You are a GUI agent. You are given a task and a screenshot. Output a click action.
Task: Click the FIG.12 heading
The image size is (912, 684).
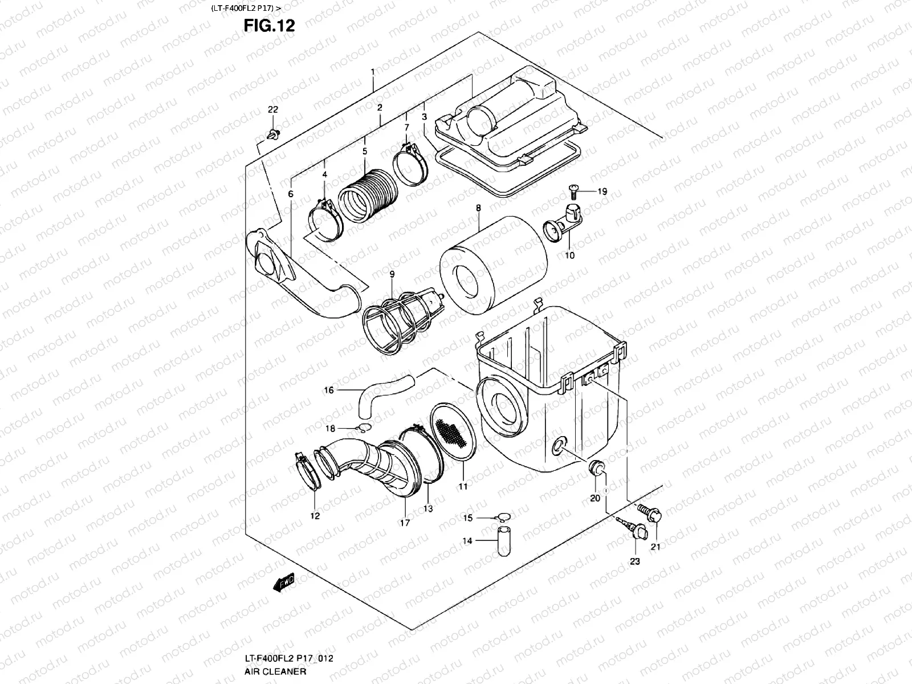pyautogui.click(x=269, y=26)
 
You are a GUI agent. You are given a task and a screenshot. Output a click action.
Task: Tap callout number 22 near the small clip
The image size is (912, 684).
pyautogui.click(x=273, y=109)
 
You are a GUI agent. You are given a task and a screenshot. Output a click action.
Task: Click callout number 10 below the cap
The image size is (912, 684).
pyautogui.click(x=569, y=255)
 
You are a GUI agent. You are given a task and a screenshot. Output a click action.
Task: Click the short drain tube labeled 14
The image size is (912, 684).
pyautogui.click(x=503, y=540)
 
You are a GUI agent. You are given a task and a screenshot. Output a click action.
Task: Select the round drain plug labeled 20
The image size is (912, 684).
pyautogui.click(x=596, y=469)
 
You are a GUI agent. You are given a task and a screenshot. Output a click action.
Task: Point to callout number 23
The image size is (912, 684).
pyautogui.click(x=635, y=561)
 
